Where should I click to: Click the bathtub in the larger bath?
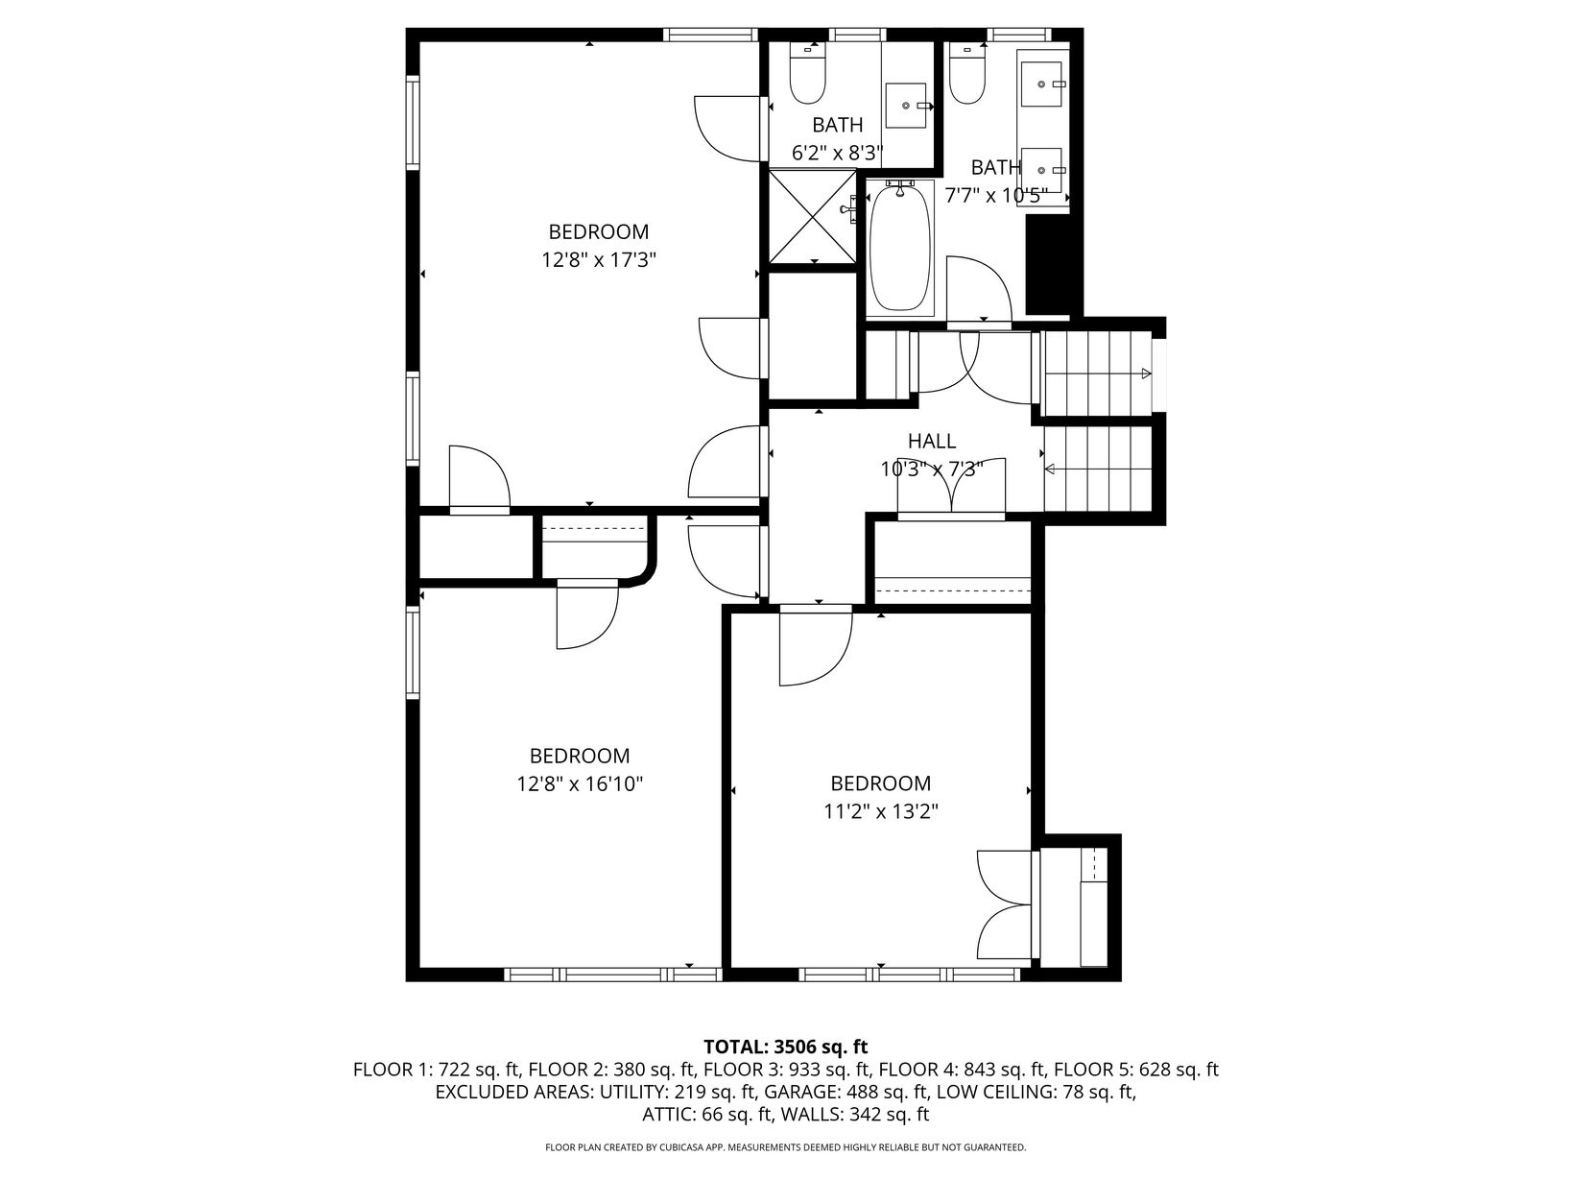tap(900, 248)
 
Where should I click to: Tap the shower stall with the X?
tap(812, 216)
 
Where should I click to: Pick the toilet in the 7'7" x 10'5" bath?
tap(966, 74)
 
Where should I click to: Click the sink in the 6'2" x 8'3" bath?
tap(907, 106)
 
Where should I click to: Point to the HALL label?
tap(932, 442)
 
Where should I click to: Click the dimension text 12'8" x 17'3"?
tap(599, 259)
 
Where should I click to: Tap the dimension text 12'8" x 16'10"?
tap(580, 783)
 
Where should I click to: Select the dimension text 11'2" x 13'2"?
tap(881, 811)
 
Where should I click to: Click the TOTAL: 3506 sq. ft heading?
tap(786, 1047)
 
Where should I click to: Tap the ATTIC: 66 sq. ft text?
tap(705, 1114)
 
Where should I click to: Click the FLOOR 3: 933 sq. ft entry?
tap(788, 1070)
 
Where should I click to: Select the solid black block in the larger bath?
tap(1048, 265)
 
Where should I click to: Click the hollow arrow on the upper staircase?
tap(1146, 373)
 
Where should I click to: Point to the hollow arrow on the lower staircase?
tap(1050, 470)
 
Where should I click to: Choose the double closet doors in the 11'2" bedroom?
tap(1006, 904)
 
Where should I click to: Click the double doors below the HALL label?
tap(952, 487)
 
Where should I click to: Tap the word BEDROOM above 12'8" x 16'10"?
tap(580, 756)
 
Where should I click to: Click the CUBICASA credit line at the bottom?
tap(786, 1147)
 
